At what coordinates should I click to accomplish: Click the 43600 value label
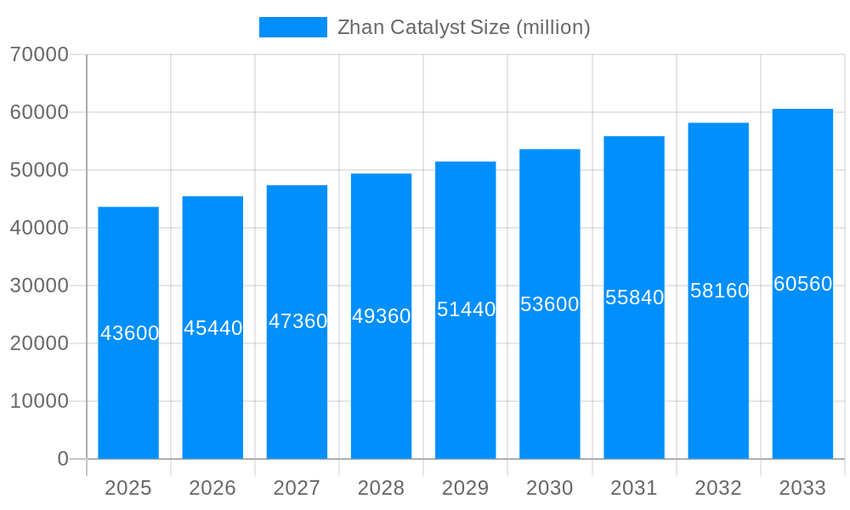click(x=130, y=333)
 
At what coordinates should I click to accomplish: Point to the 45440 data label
click(x=213, y=328)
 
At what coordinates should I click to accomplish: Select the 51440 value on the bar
click(x=467, y=309)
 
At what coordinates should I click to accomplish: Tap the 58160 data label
click(x=719, y=291)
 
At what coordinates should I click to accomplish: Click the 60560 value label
click(x=802, y=284)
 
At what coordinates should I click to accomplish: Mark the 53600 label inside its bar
click(x=550, y=304)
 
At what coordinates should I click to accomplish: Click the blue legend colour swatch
click(x=292, y=27)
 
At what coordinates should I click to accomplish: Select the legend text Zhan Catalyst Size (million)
click(x=463, y=27)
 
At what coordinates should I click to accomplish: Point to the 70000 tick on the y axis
click(x=39, y=54)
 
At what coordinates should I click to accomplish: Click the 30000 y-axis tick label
click(x=39, y=286)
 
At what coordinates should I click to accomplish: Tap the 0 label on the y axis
click(x=63, y=459)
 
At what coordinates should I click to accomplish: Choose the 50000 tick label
click(x=39, y=170)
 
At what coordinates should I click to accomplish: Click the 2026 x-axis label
click(x=212, y=488)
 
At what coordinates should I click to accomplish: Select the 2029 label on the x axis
click(x=466, y=488)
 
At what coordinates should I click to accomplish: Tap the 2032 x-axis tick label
click(x=718, y=488)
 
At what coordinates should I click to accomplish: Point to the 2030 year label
click(x=550, y=488)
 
